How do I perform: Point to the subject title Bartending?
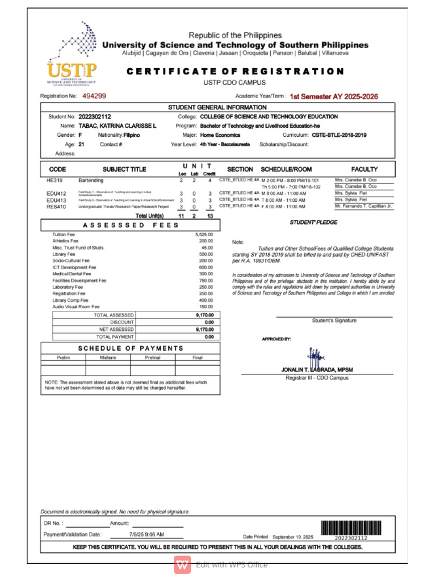[91, 180]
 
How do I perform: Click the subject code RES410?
[57, 207]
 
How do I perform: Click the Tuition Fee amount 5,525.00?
[204, 234]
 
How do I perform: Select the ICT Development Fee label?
[74, 267]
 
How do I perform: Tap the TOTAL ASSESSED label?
[114, 314]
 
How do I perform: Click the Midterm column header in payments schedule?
[108, 357]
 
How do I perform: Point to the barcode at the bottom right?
[344, 529]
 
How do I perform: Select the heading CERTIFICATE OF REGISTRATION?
[235, 71]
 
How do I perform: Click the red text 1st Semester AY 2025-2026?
[333, 97]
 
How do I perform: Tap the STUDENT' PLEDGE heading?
[313, 222]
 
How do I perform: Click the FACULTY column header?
[364, 169]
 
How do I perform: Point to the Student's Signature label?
[334, 321]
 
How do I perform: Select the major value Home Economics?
[219, 135]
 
